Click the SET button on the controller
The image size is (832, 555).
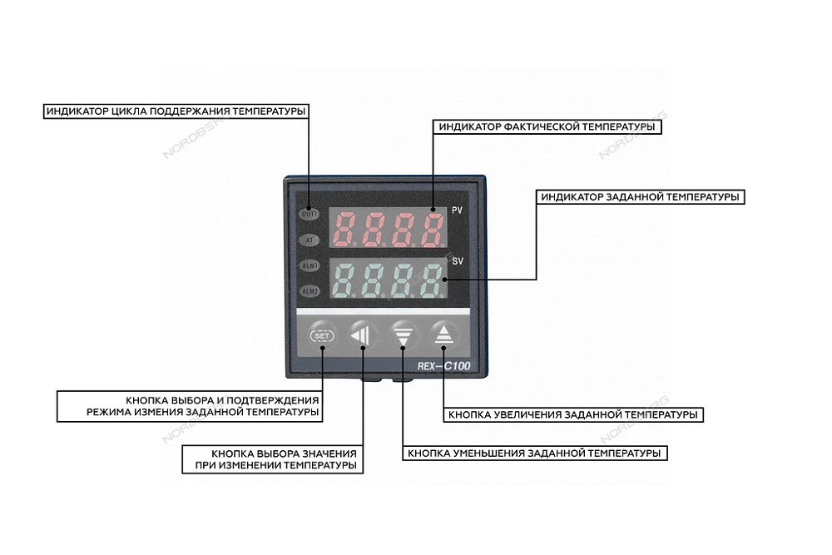[x=320, y=335]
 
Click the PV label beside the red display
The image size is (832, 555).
[x=457, y=211]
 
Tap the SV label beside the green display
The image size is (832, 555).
[x=457, y=261]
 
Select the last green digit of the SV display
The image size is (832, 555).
[x=432, y=280]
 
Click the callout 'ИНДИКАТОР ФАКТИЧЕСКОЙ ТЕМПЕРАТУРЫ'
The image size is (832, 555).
[x=545, y=127]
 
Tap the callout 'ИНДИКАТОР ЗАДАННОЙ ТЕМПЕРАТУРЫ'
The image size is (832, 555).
[x=640, y=197]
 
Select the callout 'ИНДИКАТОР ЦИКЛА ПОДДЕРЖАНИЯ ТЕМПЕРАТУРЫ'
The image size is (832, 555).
[x=176, y=111]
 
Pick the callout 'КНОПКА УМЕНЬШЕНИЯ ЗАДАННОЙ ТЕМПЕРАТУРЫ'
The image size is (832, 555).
[x=534, y=454]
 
